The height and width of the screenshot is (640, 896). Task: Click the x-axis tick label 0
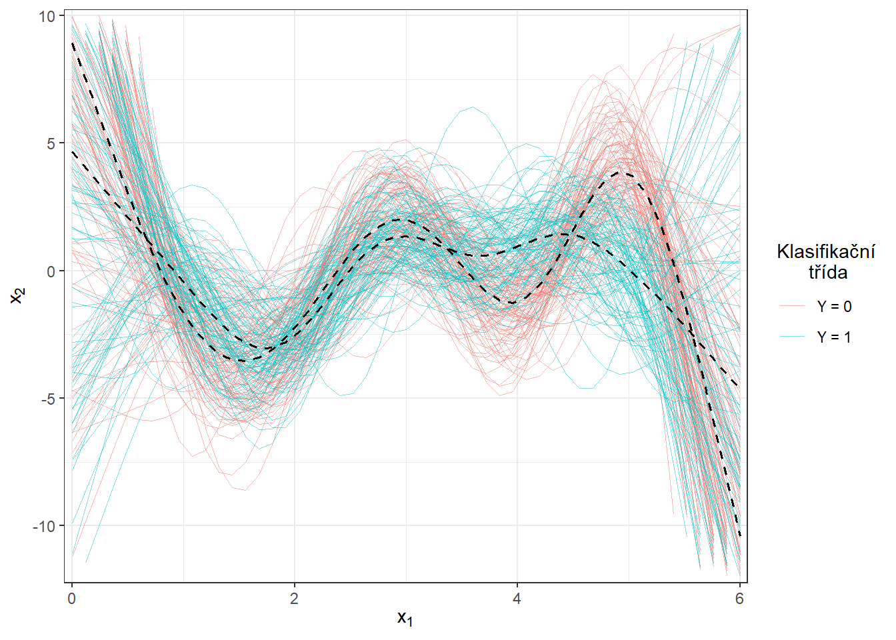(72, 599)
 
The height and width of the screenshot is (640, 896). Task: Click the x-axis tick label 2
(294, 599)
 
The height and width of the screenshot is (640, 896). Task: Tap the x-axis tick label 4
(517, 599)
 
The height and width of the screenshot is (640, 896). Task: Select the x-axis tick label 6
(739, 599)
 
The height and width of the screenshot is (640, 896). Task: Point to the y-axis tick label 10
(46, 16)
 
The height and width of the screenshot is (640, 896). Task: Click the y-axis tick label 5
(51, 143)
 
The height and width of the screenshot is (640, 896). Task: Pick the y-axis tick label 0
(51, 271)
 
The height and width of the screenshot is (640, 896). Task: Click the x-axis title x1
(405, 619)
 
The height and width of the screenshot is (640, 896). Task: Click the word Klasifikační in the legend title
(826, 252)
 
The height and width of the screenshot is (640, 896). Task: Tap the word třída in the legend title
(828, 272)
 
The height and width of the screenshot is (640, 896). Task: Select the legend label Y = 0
(834, 307)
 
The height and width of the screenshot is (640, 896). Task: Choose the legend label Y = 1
(834, 337)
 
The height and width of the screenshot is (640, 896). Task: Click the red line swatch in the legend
(792, 306)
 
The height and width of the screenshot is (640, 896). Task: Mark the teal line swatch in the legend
(792, 337)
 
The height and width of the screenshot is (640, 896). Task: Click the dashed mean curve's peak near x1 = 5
(619, 173)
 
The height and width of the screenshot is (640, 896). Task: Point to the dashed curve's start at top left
(73, 43)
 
